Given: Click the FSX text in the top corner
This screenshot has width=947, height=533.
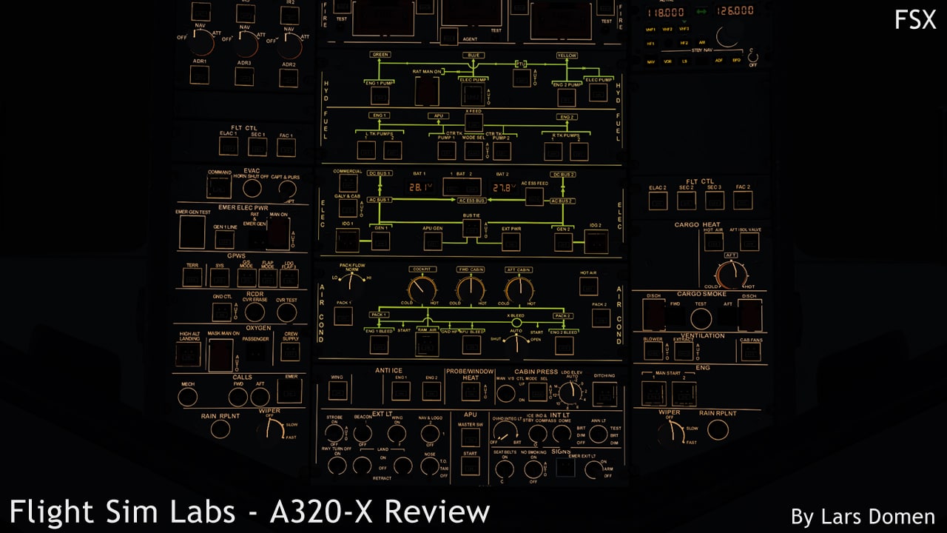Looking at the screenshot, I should point(915,20).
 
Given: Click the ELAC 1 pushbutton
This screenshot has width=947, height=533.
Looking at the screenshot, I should point(229,147).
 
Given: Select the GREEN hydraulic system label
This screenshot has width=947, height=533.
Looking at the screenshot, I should point(380,55).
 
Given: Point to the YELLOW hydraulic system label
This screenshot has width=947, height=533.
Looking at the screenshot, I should point(567,55).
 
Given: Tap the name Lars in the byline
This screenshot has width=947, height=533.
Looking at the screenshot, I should point(837,517).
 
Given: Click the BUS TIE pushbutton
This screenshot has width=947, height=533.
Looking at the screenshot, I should point(471,229).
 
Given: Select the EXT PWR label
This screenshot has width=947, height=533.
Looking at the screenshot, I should point(511,228).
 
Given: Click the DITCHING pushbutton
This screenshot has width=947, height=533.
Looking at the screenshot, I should point(604,392).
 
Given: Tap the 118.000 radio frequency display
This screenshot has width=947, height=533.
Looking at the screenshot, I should point(666,11).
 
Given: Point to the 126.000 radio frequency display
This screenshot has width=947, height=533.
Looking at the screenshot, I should point(735,11).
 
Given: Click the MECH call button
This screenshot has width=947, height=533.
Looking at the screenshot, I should point(188,397).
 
